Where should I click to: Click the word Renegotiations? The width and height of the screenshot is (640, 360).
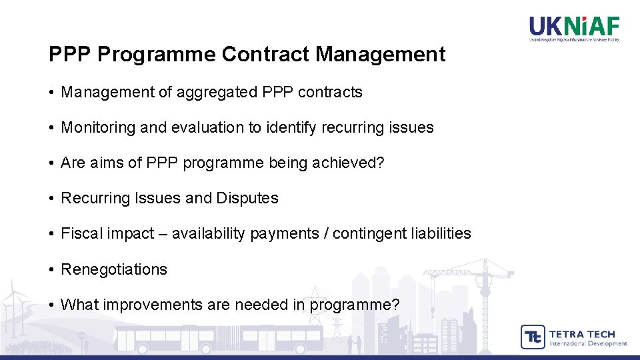tap(114, 269)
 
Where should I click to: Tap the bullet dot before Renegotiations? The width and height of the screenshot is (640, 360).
tap(51, 269)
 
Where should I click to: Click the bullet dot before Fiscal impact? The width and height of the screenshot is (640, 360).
tap(51, 233)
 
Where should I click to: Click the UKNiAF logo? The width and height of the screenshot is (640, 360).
tap(574, 29)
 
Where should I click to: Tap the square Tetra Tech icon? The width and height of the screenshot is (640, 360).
tap(532, 337)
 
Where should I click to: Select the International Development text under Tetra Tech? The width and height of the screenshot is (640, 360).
tap(588, 344)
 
